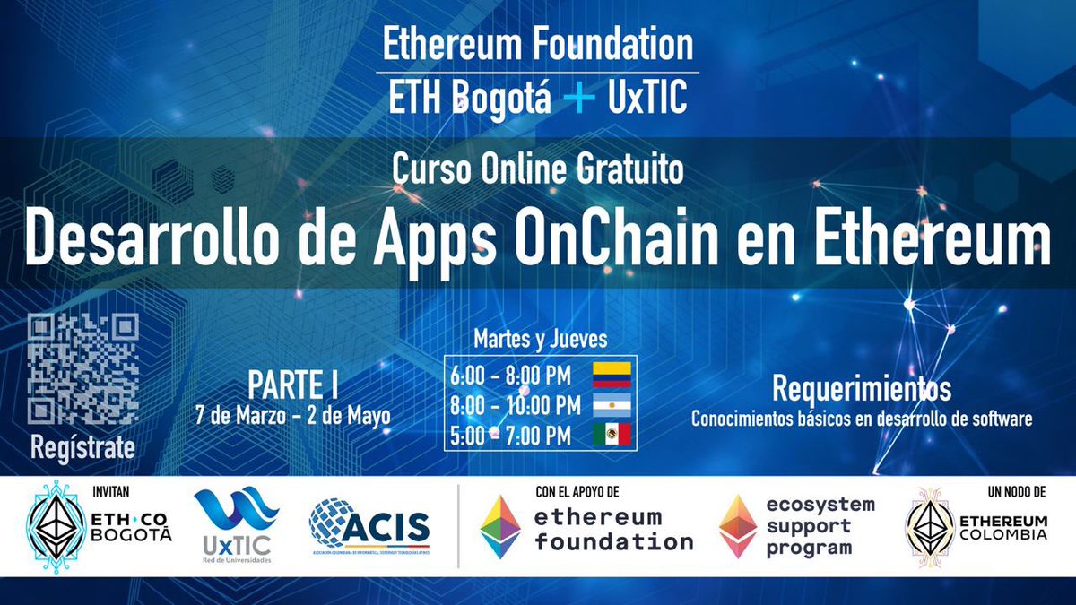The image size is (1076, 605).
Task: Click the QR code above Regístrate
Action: pos(83,370)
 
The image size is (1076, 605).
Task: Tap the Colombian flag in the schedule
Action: pos(611,376)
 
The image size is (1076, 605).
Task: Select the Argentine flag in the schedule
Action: pos(611,405)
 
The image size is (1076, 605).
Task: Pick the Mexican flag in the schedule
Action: pos(611,436)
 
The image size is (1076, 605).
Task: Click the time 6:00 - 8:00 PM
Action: pos(515,376)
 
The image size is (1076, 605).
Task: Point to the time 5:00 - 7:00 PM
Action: pos(510,436)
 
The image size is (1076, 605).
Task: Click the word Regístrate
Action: pos(83,447)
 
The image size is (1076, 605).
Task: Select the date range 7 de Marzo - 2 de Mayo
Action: pos(292,417)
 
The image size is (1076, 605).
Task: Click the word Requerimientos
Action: pos(861,390)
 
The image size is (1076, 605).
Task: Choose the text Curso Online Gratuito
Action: pos(536,168)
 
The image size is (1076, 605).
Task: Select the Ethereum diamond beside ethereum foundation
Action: pos(499,527)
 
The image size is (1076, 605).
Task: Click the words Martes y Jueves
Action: pos(540,340)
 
